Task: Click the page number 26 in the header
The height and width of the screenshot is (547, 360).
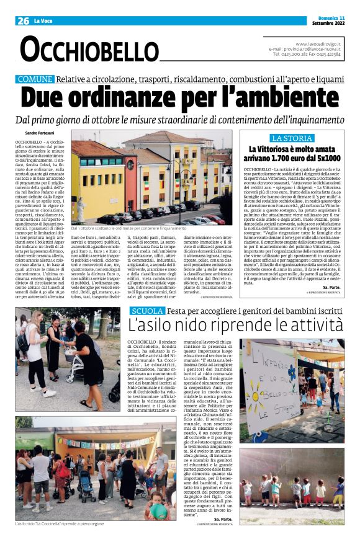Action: click(24, 20)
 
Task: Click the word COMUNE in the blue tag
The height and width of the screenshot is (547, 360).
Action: click(35, 80)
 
